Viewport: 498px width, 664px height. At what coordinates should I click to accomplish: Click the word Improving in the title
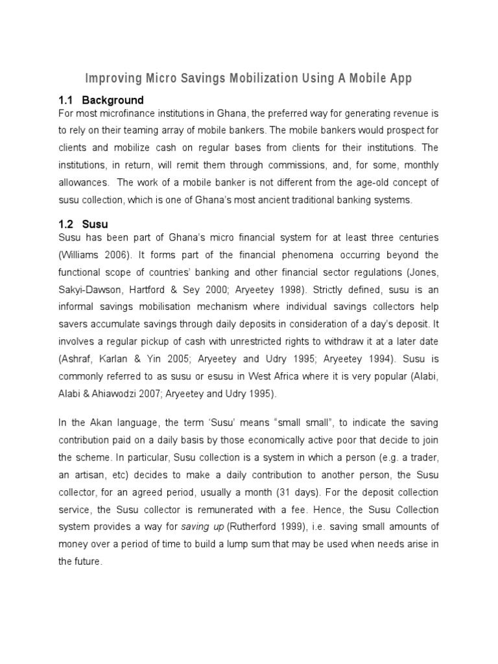tap(114, 79)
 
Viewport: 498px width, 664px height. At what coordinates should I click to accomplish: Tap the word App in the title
tap(399, 79)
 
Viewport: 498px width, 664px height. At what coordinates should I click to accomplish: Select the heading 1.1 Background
tap(101, 100)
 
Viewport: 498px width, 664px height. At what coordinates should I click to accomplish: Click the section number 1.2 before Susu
tap(67, 224)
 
